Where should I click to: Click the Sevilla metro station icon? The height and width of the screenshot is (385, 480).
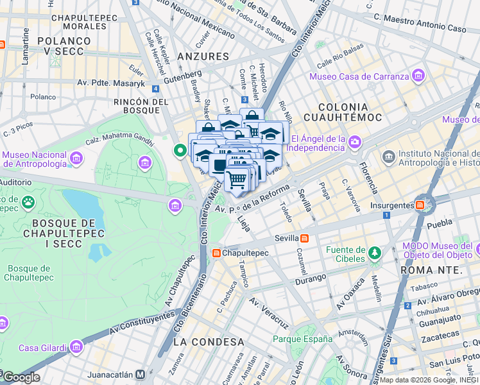click(304, 238)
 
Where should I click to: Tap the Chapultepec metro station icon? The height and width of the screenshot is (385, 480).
click(216, 253)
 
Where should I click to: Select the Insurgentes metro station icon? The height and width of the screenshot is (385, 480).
click(420, 205)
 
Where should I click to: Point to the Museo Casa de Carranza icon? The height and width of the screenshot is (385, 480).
click(419, 76)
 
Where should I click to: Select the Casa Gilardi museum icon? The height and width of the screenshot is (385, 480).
click(76, 348)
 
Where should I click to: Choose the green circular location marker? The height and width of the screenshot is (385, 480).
click(180, 151)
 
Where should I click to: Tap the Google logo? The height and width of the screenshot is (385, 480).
click(21, 377)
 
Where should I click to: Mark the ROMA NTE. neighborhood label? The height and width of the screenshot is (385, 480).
click(431, 270)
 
